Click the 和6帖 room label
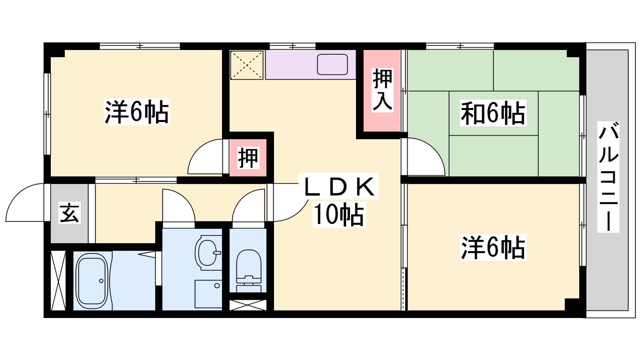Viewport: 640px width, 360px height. (x=493, y=113)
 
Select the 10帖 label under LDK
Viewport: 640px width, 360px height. (x=339, y=214)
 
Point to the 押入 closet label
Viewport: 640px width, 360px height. (x=382, y=90)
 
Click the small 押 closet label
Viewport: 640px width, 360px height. (x=248, y=158)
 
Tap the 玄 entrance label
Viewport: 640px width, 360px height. (x=70, y=212)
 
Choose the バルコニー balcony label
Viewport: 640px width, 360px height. (x=608, y=176)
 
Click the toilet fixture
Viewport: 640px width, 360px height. (x=249, y=270)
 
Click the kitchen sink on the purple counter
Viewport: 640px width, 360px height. (x=332, y=64)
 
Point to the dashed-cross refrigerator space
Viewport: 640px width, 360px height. (x=246, y=65)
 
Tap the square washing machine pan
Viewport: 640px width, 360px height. (x=208, y=294)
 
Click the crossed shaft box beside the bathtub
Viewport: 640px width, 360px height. (x=58, y=280)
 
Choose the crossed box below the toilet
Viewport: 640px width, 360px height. (x=248, y=305)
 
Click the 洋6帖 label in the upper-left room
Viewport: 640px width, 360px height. (x=137, y=112)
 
